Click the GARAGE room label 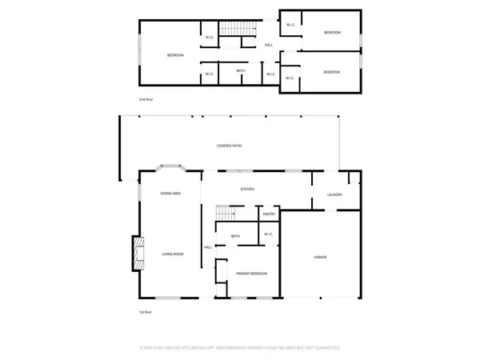coord(320,257)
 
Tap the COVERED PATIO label coord(230,146)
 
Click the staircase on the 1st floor coord(226,213)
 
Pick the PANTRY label coord(269,214)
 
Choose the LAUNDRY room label coord(334,195)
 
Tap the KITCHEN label coord(248,189)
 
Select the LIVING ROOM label coord(174,254)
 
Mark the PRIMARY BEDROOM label coord(251,274)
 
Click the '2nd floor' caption coord(146,99)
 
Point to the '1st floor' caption coord(146,312)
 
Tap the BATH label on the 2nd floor coord(241,71)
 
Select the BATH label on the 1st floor coord(235,236)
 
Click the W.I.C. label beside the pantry coord(269,234)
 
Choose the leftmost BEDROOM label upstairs coord(175,54)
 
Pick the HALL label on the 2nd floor coord(269,45)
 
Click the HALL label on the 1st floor coord(207,247)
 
